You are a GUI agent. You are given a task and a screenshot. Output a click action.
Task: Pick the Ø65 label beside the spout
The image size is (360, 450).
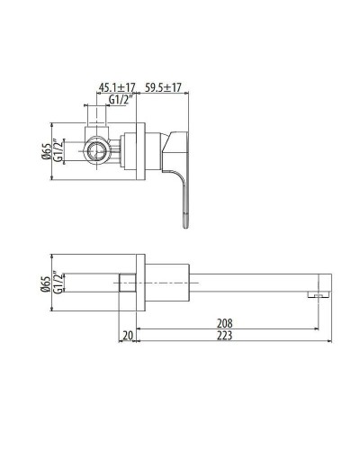(x=45, y=285)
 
